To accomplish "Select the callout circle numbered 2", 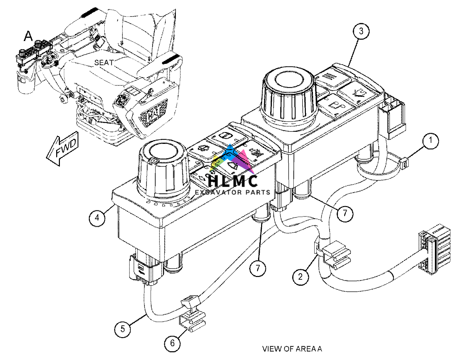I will pyautogui.click(x=300, y=277).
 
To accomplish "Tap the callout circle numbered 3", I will pyautogui.click(x=361, y=31).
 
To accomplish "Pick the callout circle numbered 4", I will pyautogui.click(x=97, y=218).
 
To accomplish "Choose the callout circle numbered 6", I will pyautogui.click(x=172, y=343).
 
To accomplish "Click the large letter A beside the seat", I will pyautogui.click(x=28, y=36).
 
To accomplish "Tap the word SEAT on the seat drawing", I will pyautogui.click(x=104, y=63).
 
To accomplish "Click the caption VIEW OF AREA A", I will pyautogui.click(x=292, y=349).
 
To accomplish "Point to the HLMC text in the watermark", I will pyautogui.click(x=233, y=181).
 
